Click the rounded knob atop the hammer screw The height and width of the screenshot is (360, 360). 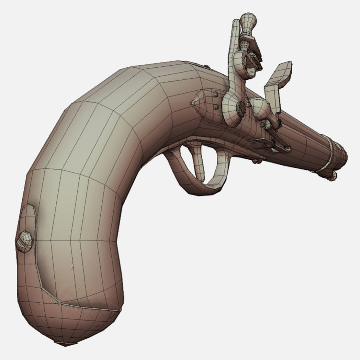tap(247, 21)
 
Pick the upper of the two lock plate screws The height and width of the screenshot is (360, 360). tap(215, 94)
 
